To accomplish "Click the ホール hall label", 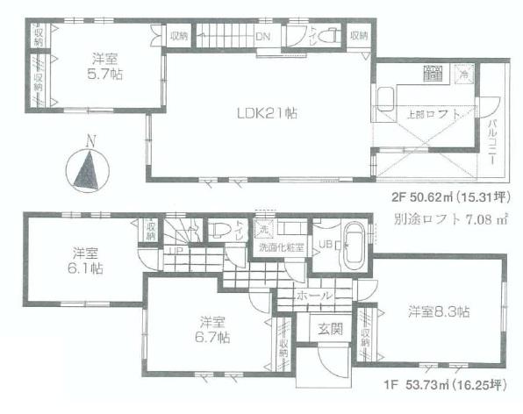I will pyautogui.click(x=315, y=296).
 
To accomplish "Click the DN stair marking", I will pyautogui.click(x=262, y=37).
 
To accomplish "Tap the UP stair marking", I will pyautogui.click(x=176, y=249).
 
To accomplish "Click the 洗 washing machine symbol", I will pyautogui.click(x=262, y=229).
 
